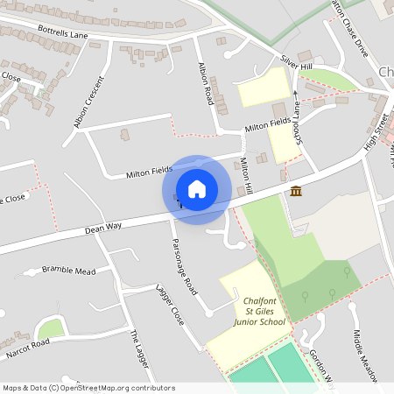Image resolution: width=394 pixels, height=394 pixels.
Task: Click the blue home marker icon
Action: coord(197,189)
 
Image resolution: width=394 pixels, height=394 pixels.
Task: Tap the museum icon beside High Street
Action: coord(296,192)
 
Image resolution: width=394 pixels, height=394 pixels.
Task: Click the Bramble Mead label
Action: coord(68,271)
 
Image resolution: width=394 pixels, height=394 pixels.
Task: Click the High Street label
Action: coord(374,128)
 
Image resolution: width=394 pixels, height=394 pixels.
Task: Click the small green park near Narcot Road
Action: coord(52,328)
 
